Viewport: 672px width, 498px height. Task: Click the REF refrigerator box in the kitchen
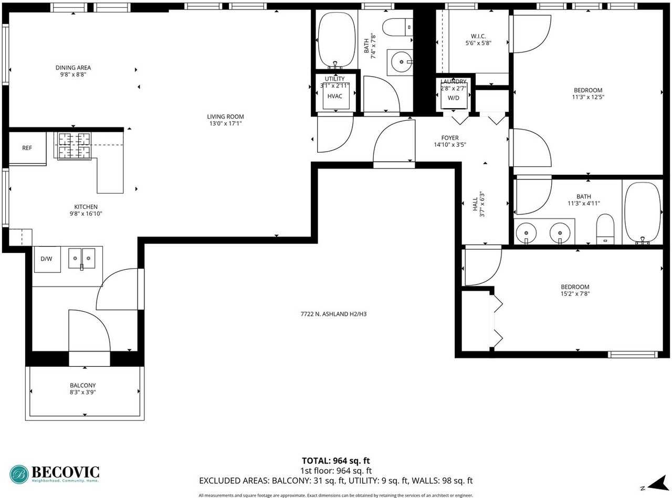click(27, 149)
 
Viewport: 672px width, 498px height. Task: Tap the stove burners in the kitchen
click(73, 145)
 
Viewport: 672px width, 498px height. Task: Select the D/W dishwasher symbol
click(46, 259)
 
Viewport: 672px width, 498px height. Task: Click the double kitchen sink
click(82, 258)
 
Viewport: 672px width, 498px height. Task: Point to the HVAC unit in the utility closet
click(335, 96)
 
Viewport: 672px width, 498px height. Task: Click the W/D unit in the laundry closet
click(453, 98)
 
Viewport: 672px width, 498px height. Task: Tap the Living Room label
click(225, 116)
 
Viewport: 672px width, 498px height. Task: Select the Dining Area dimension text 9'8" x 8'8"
click(73, 75)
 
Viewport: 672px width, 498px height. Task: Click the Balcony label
click(83, 385)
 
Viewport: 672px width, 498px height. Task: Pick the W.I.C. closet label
click(478, 36)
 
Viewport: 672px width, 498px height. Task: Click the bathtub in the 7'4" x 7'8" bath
click(336, 40)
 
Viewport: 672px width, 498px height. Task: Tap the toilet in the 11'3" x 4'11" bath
click(605, 229)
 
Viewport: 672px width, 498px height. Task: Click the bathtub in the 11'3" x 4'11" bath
click(643, 213)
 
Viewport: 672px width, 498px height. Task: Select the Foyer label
click(449, 138)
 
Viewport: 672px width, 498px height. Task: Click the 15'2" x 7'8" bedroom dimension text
click(575, 294)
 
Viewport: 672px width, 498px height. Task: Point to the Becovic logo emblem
click(19, 474)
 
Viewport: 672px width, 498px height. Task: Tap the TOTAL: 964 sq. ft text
click(335, 461)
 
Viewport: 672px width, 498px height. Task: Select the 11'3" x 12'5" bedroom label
click(587, 90)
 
